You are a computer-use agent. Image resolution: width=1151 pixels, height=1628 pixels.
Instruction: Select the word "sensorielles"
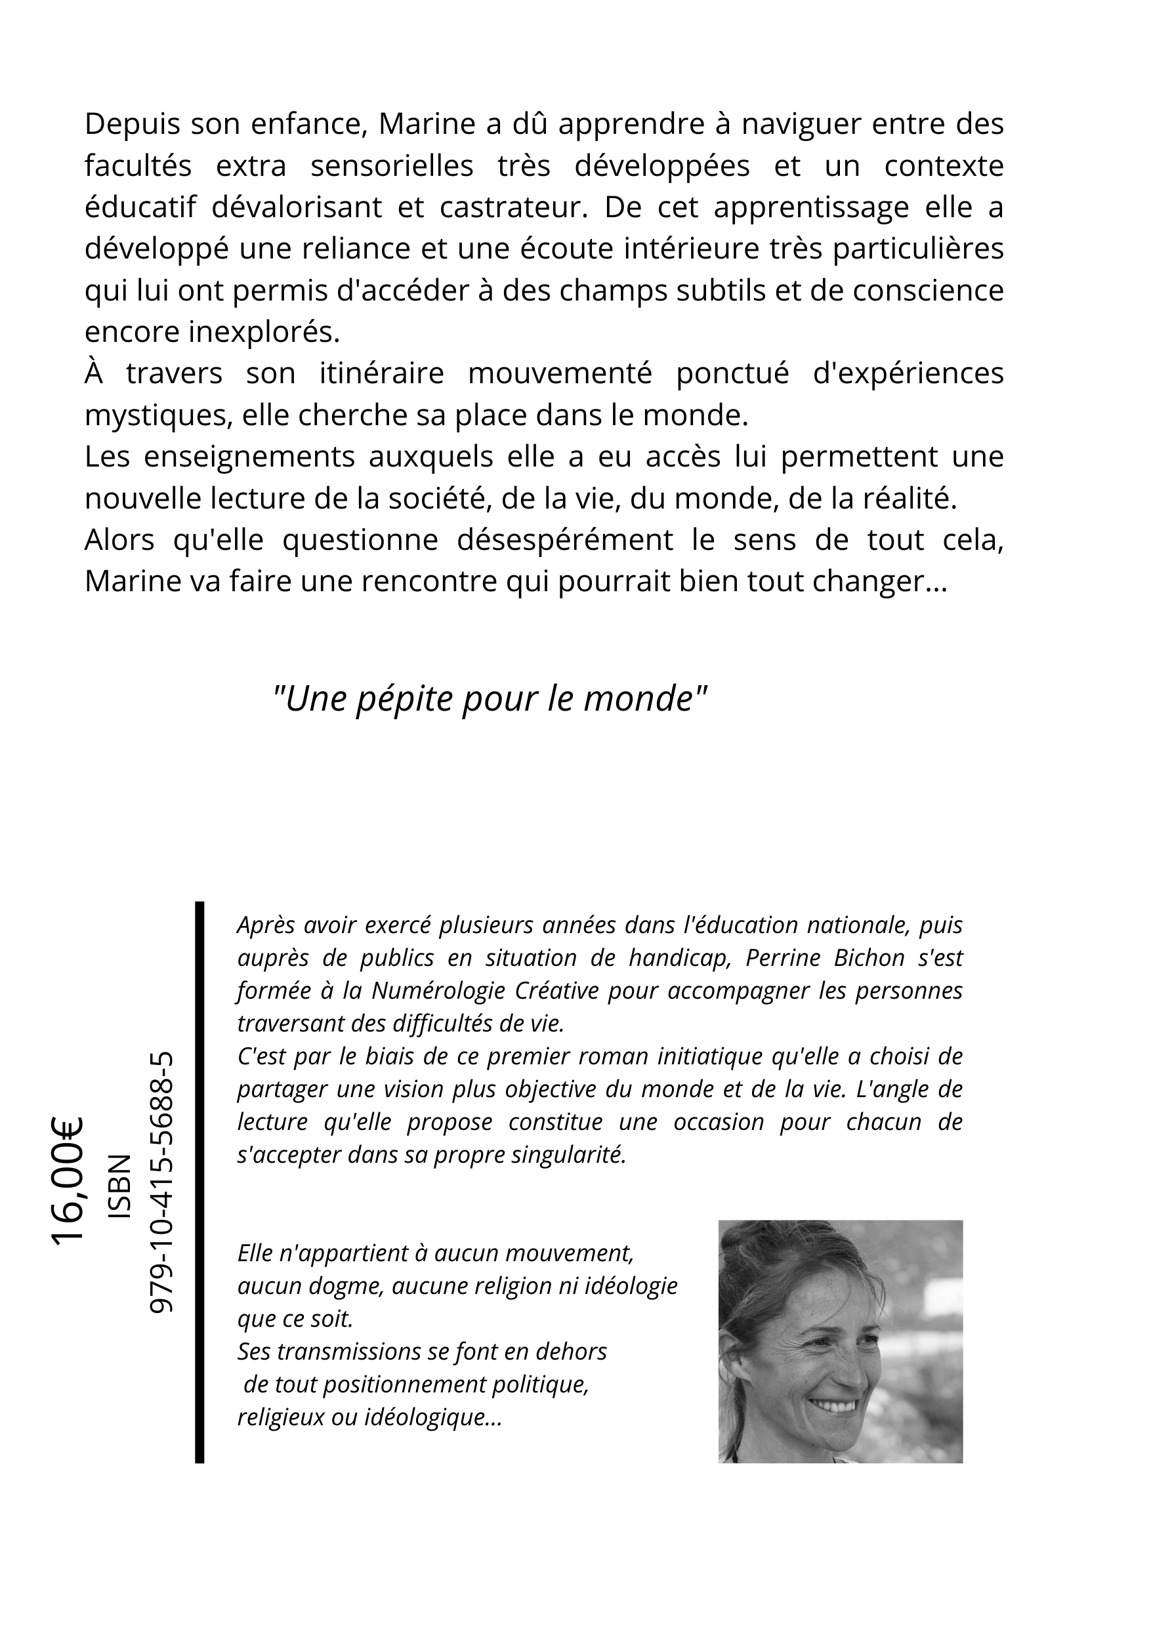click(392, 167)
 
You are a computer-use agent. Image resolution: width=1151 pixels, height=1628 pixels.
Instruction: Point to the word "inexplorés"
click(264, 333)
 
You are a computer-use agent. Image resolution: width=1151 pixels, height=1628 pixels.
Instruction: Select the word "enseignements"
click(249, 457)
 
